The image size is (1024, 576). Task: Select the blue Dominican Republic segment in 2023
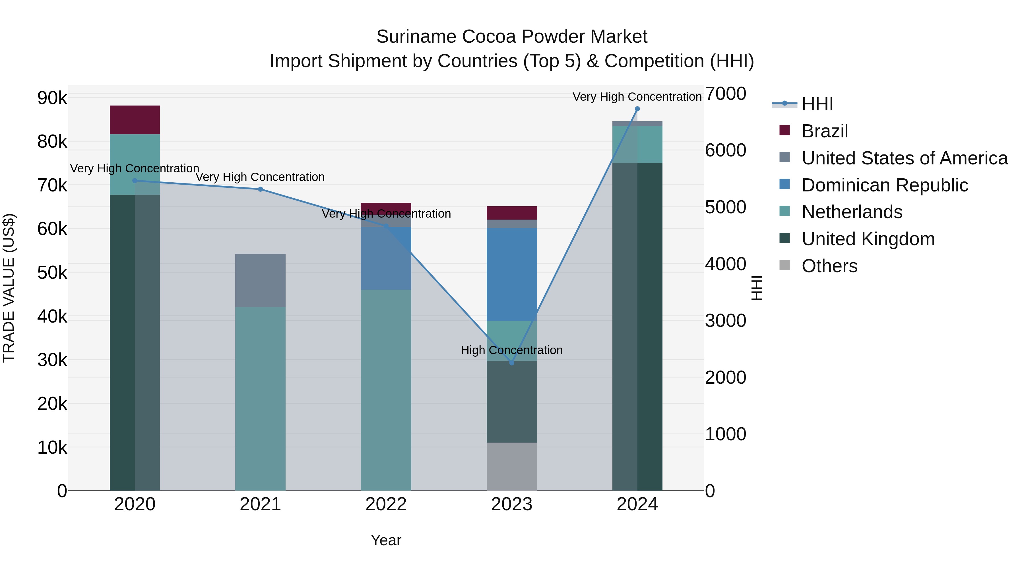click(512, 274)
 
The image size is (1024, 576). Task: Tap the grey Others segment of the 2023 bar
click(512, 466)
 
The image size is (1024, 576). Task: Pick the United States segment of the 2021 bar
click(260, 280)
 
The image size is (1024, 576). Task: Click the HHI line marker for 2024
click(637, 109)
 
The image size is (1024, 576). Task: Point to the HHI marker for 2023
click(512, 363)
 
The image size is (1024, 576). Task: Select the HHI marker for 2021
click(260, 189)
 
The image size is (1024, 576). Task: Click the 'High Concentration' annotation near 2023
click(512, 350)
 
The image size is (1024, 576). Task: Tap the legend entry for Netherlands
click(852, 212)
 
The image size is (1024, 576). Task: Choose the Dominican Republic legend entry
click(884, 185)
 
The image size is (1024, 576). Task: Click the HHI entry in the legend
click(817, 104)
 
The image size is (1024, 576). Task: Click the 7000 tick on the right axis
click(725, 94)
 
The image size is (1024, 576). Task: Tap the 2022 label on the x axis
click(386, 504)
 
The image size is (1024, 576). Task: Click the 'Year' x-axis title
click(386, 540)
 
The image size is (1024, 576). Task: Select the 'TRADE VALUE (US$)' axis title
click(9, 288)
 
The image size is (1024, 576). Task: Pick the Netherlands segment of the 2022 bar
click(386, 390)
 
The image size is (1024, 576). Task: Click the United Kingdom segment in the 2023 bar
click(512, 401)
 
